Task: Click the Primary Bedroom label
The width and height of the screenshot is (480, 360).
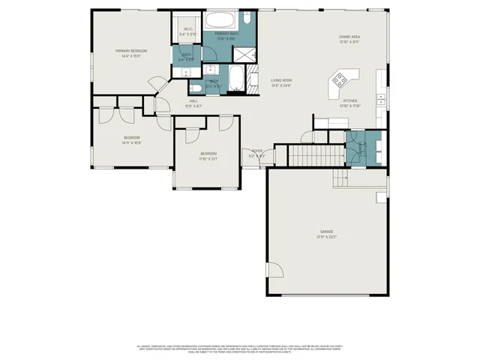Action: click(x=130, y=50)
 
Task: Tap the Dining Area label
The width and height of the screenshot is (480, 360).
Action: click(x=349, y=36)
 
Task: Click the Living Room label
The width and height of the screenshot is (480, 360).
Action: click(x=281, y=80)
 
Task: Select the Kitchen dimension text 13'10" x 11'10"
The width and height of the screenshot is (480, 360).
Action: click(x=350, y=106)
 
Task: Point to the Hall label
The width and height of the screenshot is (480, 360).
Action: click(x=193, y=100)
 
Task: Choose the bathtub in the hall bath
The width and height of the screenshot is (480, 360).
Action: click(x=236, y=78)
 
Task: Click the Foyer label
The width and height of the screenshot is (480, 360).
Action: click(x=257, y=151)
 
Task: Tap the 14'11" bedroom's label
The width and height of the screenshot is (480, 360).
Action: click(x=132, y=137)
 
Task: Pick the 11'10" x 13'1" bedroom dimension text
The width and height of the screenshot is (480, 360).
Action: click(x=208, y=158)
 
